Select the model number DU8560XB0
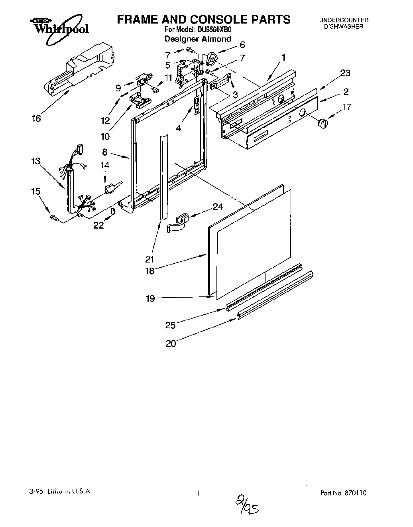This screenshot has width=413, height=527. [215, 30]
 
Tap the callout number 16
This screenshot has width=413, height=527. [36, 118]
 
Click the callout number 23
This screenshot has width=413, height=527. [345, 73]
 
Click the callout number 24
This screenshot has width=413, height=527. [218, 207]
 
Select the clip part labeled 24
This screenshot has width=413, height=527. [179, 223]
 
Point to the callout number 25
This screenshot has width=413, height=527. [170, 325]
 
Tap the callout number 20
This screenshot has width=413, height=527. [171, 343]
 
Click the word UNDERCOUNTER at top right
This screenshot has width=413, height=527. [343, 20]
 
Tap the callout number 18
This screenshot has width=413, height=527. [149, 271]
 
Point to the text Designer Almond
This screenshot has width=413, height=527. [198, 39]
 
